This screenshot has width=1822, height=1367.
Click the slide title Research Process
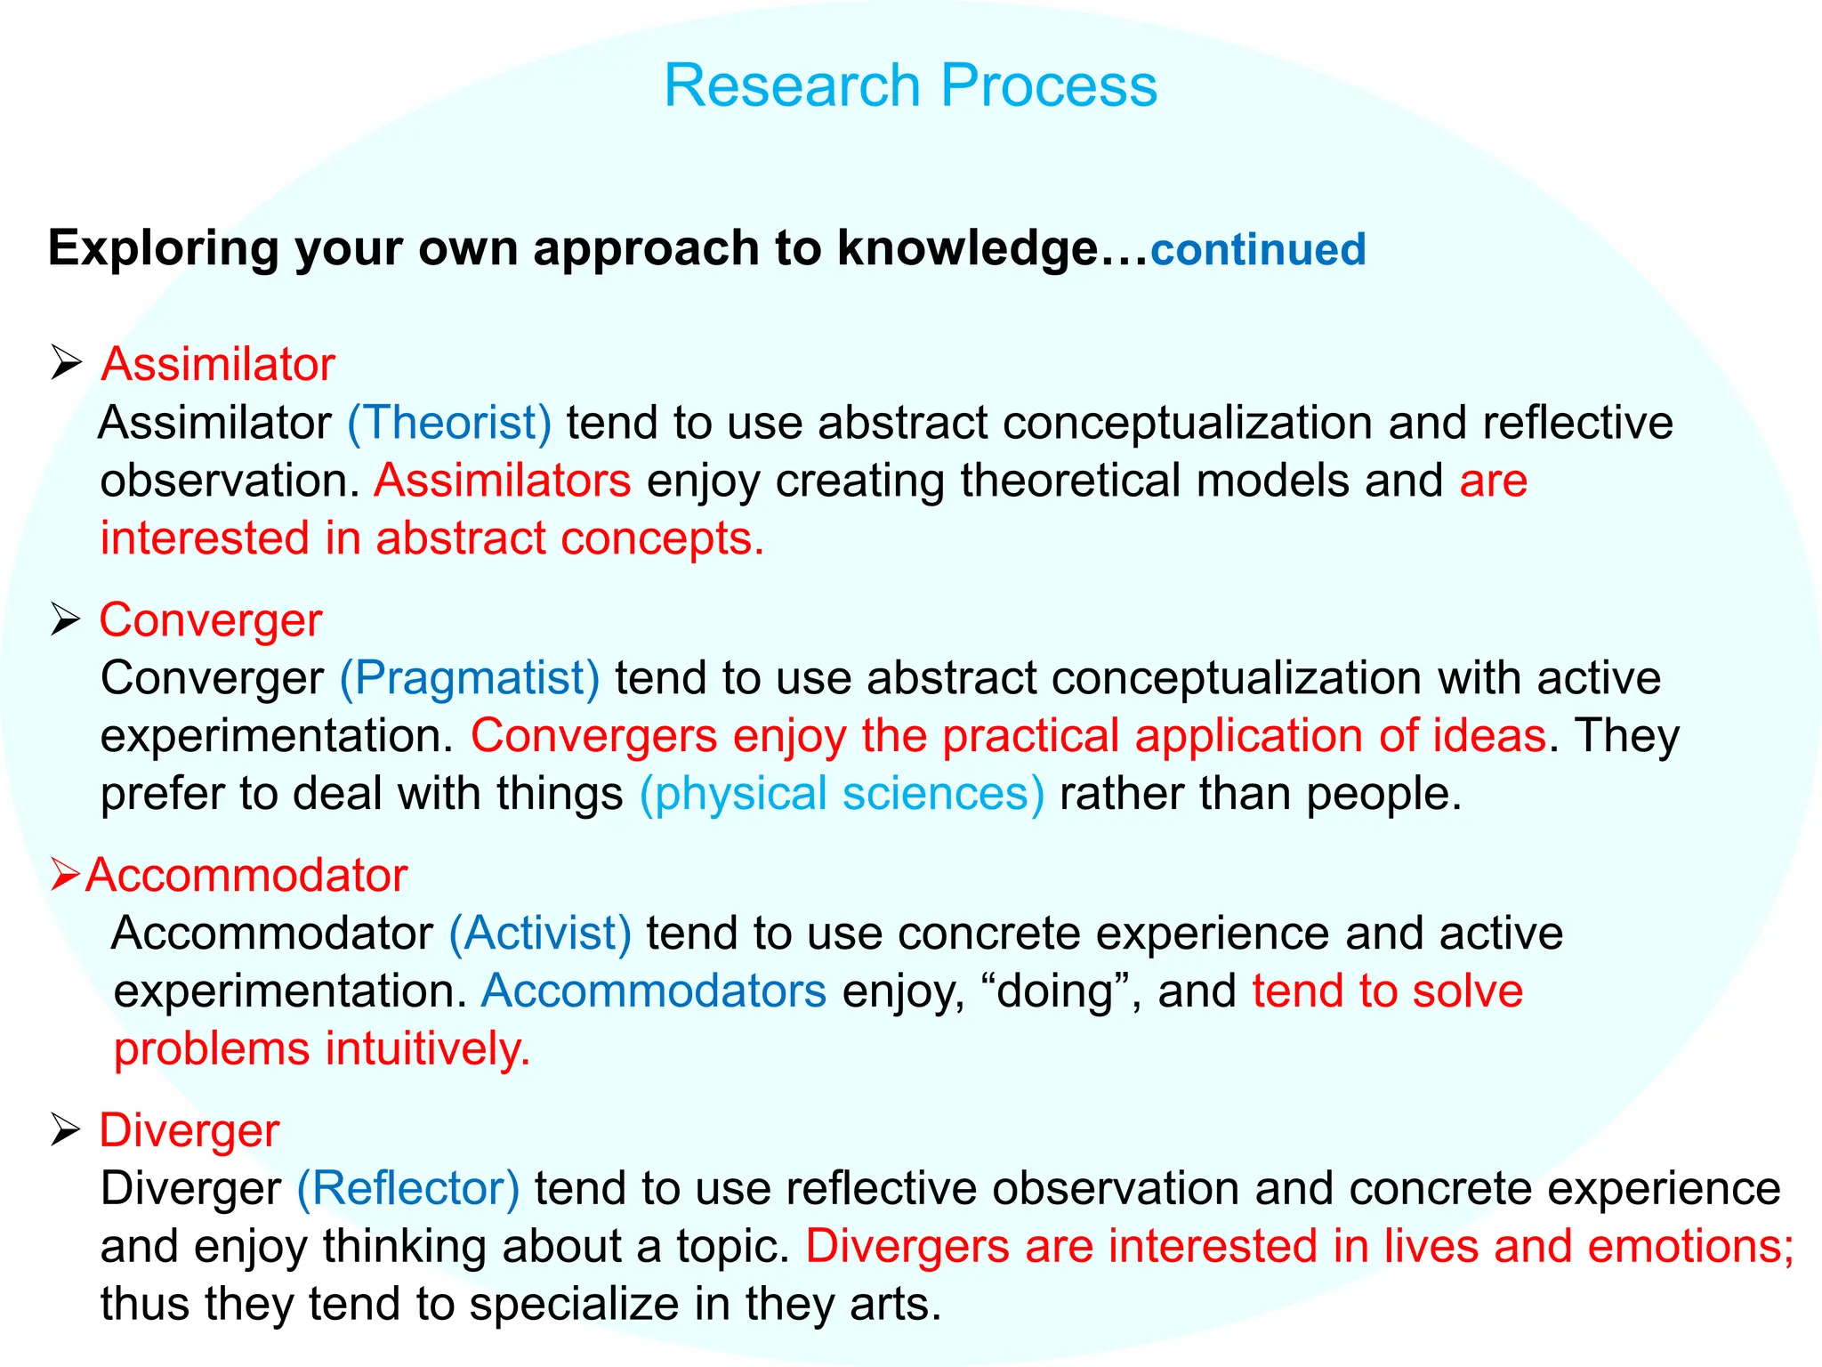[x=910, y=86]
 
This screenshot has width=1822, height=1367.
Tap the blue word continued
[x=1258, y=250]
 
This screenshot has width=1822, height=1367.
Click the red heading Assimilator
[x=218, y=365]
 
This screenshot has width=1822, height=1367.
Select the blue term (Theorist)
[x=449, y=423]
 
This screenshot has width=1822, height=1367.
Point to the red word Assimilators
[x=503, y=481]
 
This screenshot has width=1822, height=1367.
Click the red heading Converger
[x=210, y=620]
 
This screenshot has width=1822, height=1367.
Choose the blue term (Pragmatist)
[x=470, y=678]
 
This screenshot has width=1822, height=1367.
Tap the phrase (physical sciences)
[x=842, y=794]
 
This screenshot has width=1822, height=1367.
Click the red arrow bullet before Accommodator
[x=66, y=875]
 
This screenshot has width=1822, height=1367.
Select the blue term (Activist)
[x=540, y=934]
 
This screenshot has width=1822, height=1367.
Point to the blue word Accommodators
[x=654, y=991]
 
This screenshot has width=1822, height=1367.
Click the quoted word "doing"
[x=1055, y=991]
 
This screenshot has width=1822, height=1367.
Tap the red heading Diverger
[x=189, y=1131]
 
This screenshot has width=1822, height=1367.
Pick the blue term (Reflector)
[x=407, y=1189]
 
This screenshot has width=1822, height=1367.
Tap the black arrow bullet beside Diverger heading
[x=66, y=1130]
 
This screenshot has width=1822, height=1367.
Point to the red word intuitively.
[x=427, y=1049]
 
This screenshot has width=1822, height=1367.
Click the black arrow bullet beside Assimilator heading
[x=66, y=364]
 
